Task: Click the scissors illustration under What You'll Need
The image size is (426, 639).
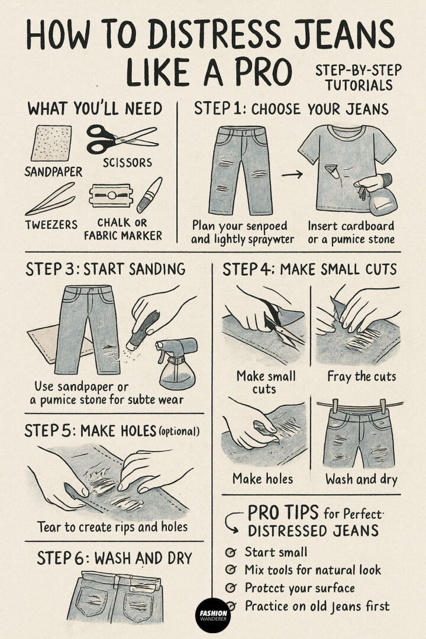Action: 121,138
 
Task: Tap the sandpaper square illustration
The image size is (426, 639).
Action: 51,143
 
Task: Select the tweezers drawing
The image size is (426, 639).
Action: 50,199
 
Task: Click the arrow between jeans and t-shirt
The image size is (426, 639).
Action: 292,174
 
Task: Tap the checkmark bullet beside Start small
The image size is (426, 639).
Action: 231,553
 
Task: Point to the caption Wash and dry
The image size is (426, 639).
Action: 361,479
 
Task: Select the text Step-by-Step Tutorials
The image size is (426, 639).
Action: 358,78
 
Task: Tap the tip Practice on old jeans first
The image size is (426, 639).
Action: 317,606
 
